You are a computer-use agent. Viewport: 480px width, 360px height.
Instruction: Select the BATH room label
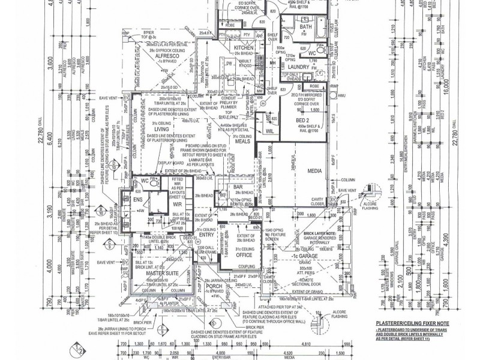pyautogui.click(x=306, y=27)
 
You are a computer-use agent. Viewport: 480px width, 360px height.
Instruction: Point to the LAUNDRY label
pyautogui.click(x=298, y=67)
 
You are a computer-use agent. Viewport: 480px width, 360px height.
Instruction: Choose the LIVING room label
pyautogui.click(x=161, y=128)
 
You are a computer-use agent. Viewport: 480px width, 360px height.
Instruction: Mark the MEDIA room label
pyautogui.click(x=314, y=171)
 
